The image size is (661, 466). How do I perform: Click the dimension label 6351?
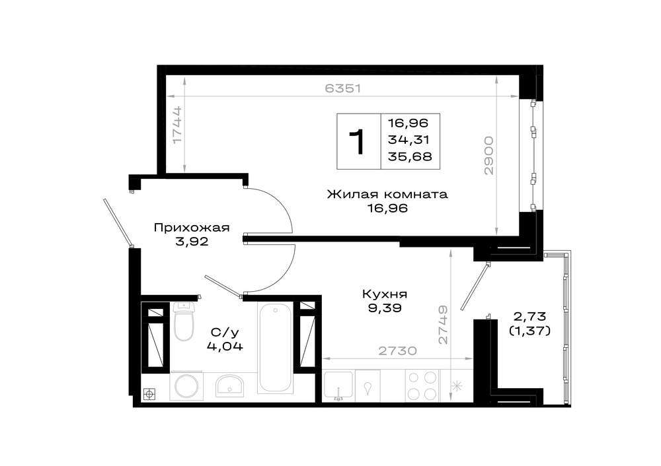point(343,88)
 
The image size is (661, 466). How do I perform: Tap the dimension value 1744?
point(177,124)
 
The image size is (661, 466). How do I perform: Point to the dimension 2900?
point(488,155)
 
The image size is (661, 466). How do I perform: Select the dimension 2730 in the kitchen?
point(397,350)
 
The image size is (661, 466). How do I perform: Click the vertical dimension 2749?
point(443,325)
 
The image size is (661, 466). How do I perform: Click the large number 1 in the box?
point(358,142)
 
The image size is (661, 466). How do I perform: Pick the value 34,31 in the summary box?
point(408,139)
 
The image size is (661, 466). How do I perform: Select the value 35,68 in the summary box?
point(410,156)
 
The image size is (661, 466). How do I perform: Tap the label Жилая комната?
point(387,194)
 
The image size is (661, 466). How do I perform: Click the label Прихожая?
point(192,228)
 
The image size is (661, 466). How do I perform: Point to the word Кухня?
point(385,294)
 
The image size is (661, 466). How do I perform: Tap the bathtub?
point(275,348)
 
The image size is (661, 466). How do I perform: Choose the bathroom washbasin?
point(229,385)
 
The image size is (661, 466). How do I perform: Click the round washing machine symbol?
point(186,386)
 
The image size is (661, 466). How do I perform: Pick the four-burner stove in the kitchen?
point(422,385)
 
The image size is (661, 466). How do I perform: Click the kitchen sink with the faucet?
point(338,385)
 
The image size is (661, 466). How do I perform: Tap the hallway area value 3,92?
point(192,242)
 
